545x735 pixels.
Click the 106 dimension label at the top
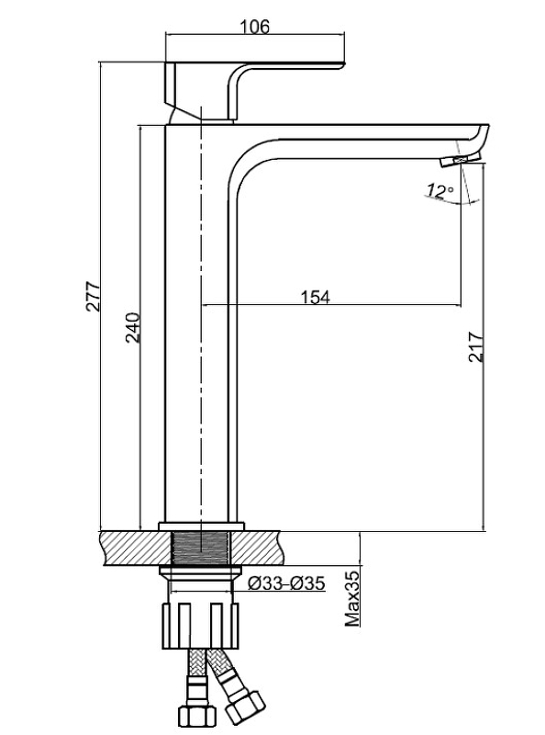255,27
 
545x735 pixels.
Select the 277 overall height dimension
93,296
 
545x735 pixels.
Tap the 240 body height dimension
133,327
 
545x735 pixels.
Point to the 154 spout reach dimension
315,297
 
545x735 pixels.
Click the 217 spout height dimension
476,347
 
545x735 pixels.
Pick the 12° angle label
439,190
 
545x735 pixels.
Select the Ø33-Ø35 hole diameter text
286,583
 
